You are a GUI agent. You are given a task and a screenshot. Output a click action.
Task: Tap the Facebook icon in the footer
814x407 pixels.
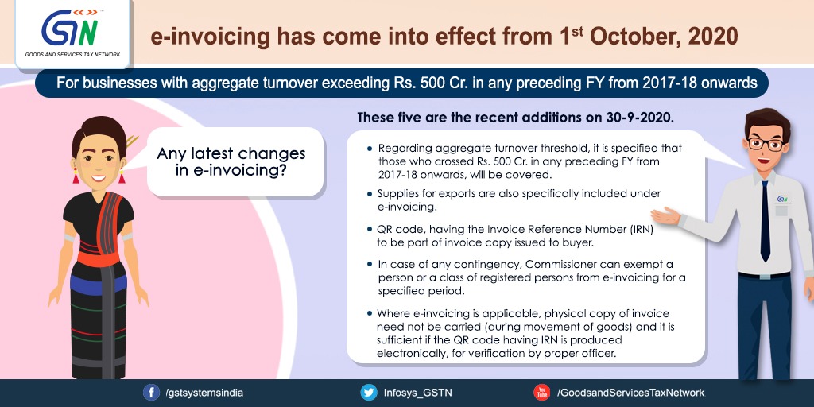[x=151, y=393]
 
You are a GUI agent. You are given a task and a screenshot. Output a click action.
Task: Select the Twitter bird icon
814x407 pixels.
[x=369, y=393]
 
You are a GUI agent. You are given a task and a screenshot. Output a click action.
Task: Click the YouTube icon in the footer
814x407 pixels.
[x=542, y=393]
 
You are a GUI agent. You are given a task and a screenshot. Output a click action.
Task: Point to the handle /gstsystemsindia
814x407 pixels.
[x=203, y=393]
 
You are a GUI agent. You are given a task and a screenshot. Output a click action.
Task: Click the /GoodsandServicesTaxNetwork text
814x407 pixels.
[x=630, y=393]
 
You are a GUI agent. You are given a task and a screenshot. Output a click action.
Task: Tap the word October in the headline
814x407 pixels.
[x=634, y=37]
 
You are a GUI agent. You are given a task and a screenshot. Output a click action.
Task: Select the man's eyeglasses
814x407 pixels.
[x=766, y=143]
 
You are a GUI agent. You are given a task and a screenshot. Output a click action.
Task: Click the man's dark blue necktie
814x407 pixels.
[x=766, y=221]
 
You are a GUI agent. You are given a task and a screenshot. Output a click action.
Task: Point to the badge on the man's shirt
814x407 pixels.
[x=782, y=200]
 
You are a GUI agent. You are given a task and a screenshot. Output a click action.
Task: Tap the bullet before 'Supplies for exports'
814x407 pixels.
[x=370, y=194]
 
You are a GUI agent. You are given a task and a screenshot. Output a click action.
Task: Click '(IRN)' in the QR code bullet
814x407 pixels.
[x=640, y=228]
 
